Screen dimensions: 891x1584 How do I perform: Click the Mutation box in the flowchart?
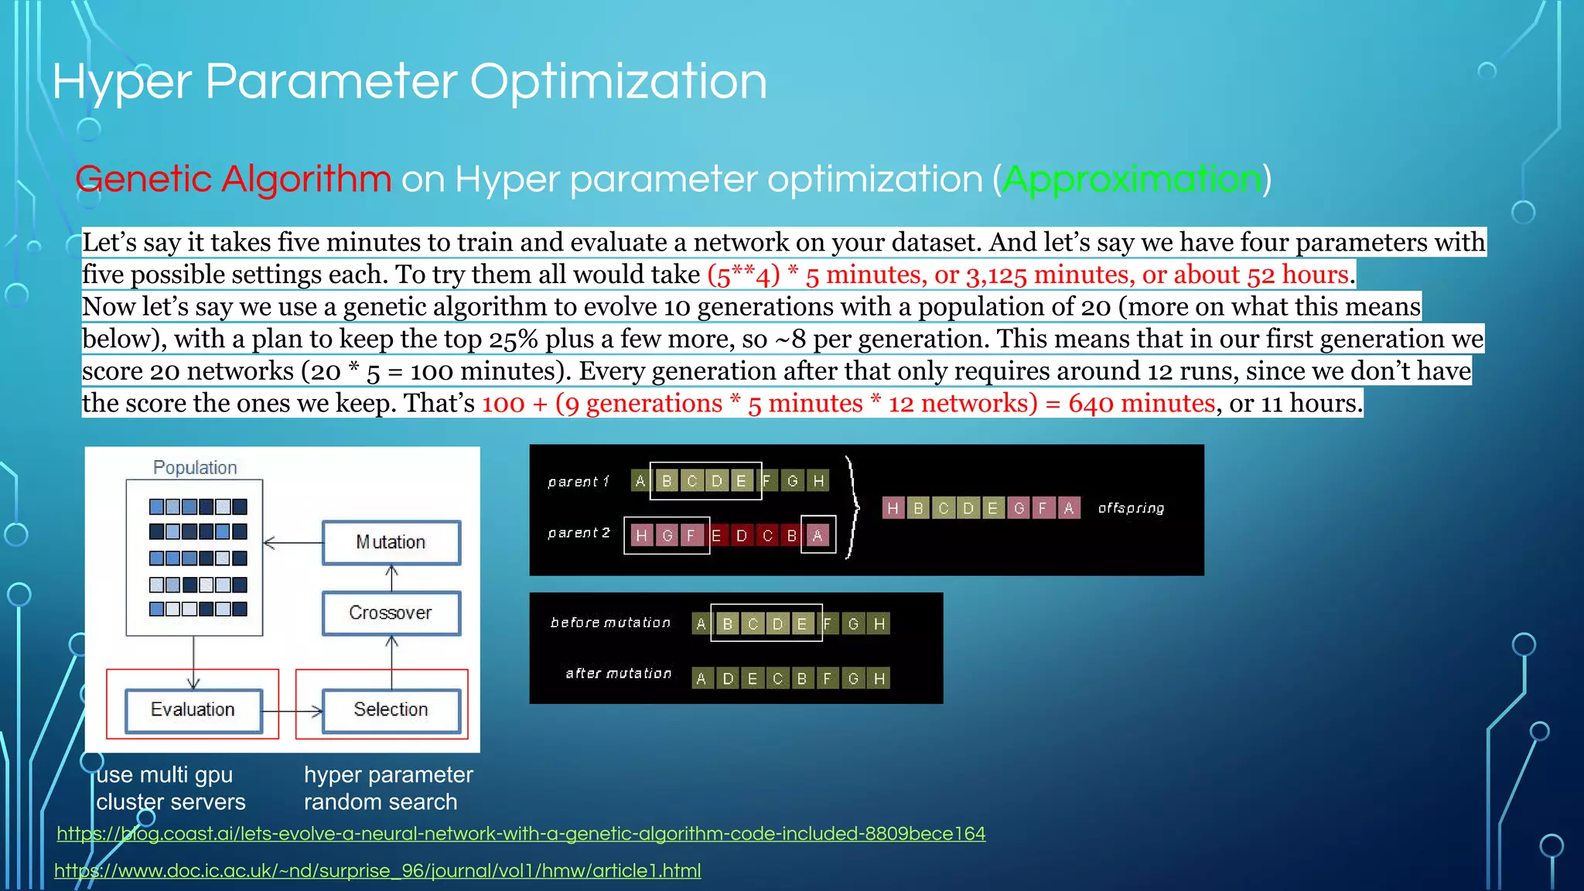pyautogui.click(x=391, y=542)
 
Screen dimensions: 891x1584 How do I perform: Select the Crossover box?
pyautogui.click(x=391, y=613)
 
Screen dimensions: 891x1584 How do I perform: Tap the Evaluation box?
pyautogui.click(x=193, y=709)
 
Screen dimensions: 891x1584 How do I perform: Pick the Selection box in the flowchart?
pyautogui.click(x=391, y=709)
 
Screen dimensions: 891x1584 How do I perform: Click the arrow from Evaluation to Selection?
pyautogui.click(x=292, y=711)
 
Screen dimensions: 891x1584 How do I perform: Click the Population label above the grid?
pyautogui.click(x=195, y=467)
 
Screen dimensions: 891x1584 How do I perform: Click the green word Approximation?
pyautogui.click(x=1132, y=179)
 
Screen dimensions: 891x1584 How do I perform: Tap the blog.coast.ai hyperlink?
pyautogui.click(x=521, y=834)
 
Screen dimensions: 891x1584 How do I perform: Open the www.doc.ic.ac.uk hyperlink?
pyautogui.click(x=377, y=871)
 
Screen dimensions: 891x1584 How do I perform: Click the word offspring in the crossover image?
pyautogui.click(x=1131, y=508)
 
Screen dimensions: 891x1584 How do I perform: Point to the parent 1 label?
pyautogui.click(x=579, y=482)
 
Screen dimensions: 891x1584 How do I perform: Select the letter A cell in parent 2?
pyautogui.click(x=817, y=535)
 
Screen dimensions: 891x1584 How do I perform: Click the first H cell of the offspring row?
pyautogui.click(x=893, y=508)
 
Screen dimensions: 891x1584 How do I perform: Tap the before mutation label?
pyautogui.click(x=610, y=623)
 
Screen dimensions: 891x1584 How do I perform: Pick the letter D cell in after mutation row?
pyautogui.click(x=728, y=678)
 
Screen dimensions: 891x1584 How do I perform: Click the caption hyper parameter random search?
pyautogui.click(x=387, y=788)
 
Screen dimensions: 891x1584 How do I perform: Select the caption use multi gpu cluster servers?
pyautogui.click(x=170, y=788)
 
